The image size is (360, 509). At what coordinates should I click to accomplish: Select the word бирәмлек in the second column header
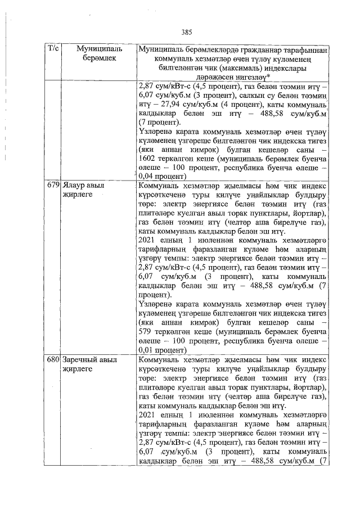point(94,58)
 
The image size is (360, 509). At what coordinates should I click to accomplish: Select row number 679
point(52,184)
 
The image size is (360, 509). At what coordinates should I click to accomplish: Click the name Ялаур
point(73,184)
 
